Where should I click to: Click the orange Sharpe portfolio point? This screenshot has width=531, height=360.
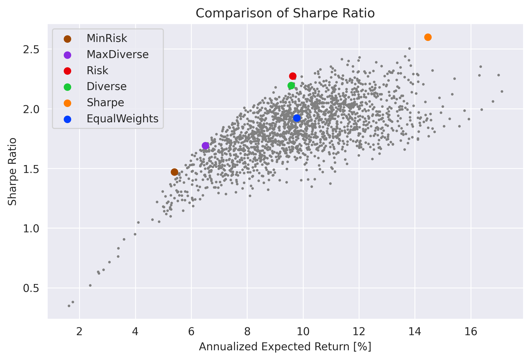click(x=428, y=37)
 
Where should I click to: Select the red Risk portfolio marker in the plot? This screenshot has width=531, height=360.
click(x=293, y=76)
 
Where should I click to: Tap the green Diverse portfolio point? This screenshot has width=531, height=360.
click(x=291, y=85)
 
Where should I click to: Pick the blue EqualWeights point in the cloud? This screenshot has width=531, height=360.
click(x=297, y=118)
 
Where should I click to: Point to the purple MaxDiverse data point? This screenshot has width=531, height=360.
click(x=205, y=146)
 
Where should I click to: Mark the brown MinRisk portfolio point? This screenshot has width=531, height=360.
click(x=174, y=172)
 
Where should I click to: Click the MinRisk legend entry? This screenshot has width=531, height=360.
click(x=107, y=39)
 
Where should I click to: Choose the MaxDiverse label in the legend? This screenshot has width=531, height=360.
click(x=118, y=54)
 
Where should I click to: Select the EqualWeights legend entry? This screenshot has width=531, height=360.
click(x=122, y=119)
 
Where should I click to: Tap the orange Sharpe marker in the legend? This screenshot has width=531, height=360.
click(x=68, y=103)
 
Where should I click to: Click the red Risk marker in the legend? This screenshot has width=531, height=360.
click(x=68, y=71)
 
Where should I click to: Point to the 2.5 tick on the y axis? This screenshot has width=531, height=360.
click(x=31, y=49)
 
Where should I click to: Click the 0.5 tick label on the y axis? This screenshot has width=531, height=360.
click(x=31, y=288)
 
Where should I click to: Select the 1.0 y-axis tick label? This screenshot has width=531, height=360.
click(x=31, y=228)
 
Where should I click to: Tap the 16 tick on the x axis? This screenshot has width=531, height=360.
click(x=471, y=332)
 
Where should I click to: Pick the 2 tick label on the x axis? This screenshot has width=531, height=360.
click(x=79, y=332)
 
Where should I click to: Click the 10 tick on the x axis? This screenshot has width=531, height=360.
click(x=303, y=332)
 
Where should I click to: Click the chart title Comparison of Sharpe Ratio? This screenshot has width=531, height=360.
click(x=285, y=13)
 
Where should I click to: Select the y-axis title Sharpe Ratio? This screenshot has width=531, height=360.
click(x=12, y=171)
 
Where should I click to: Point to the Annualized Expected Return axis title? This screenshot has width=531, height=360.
click(x=285, y=347)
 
